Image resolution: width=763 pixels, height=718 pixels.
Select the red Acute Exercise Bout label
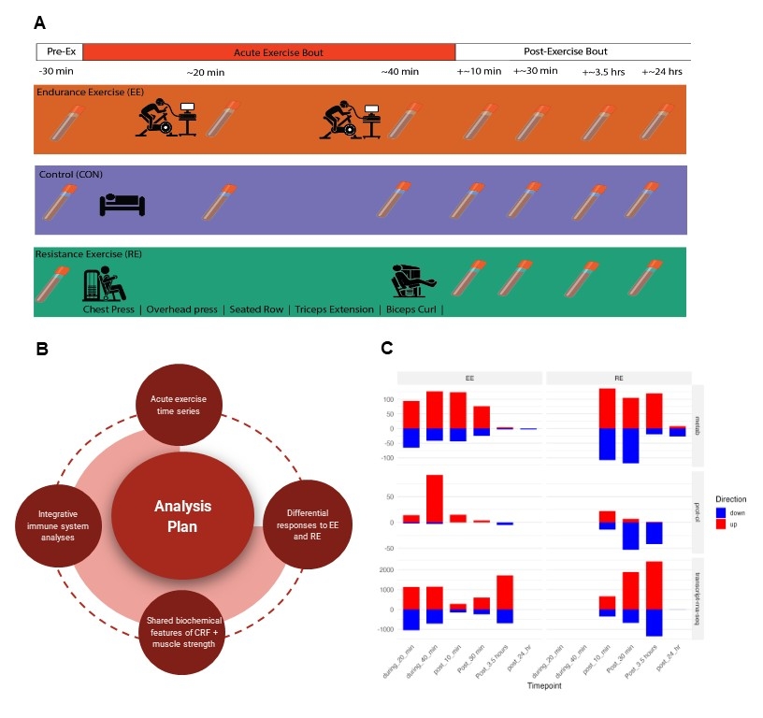[x=269, y=52]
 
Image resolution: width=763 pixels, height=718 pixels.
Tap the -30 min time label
[x=55, y=72]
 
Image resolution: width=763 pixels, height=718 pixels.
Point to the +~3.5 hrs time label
[x=601, y=72]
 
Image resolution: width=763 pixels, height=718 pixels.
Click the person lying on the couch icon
[x=122, y=203]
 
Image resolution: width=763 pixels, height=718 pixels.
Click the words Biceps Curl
[x=412, y=309]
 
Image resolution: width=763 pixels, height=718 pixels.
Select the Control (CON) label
[x=70, y=174]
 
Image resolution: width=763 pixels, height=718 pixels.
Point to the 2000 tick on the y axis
[x=385, y=569]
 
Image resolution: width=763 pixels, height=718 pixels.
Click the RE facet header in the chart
[x=618, y=377]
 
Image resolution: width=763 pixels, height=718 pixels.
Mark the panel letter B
[x=41, y=349]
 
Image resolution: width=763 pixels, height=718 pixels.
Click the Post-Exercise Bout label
[x=571, y=52]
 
